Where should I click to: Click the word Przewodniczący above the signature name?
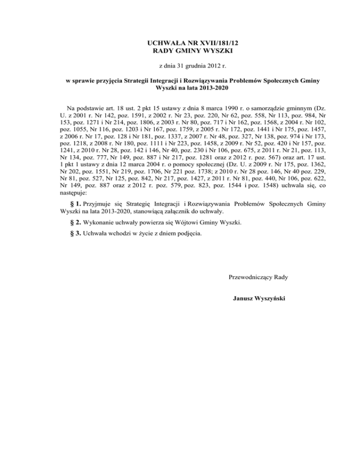(250, 277)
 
